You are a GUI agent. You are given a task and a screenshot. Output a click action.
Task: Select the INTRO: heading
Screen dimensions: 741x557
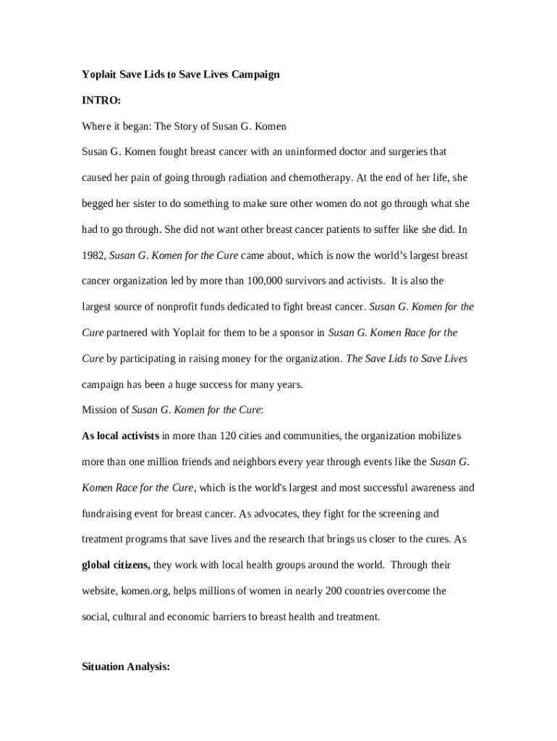point(101,101)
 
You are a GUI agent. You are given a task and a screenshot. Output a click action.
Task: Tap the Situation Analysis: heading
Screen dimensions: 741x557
point(126,668)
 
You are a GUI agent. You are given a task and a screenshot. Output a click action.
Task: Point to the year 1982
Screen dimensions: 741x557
point(94,255)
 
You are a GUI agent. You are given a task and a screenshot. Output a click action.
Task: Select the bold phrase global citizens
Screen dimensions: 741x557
point(116,564)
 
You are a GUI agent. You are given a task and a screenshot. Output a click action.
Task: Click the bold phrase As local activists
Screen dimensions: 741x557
point(120,436)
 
